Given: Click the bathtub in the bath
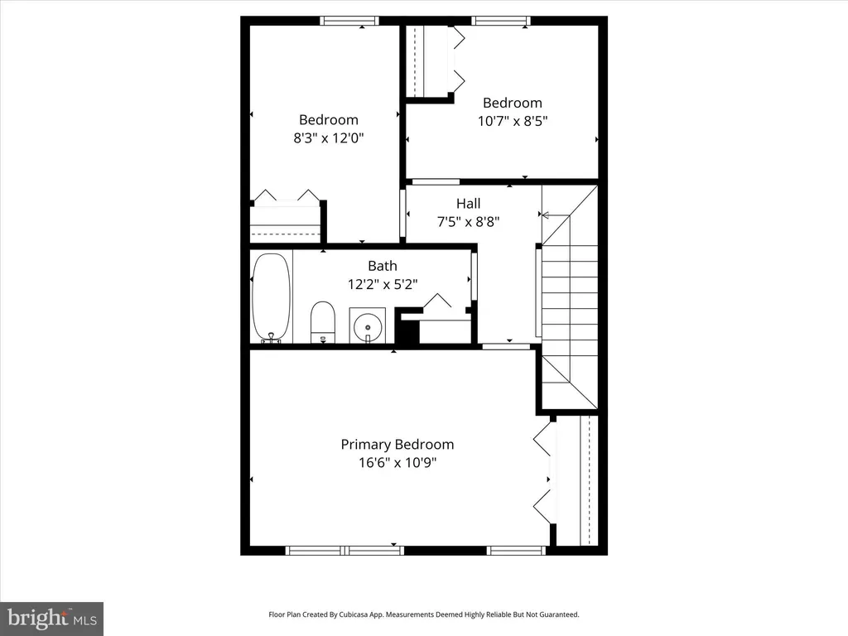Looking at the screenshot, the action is coord(272,297).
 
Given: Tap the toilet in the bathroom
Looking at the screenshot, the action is coord(323,322).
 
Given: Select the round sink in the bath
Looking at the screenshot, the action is coord(367,325).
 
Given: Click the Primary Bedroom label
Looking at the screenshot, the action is coord(397,445).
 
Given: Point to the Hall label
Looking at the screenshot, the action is coord(469,204).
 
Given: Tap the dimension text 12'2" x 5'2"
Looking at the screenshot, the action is coord(383,284).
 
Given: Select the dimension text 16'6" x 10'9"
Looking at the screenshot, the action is coord(397,462).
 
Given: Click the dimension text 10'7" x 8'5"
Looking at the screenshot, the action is coord(513,121).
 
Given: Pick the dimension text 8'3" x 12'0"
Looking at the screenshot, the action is coord(329,137).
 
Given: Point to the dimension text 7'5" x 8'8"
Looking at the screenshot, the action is coord(469,221).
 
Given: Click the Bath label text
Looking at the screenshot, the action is coord(383,266).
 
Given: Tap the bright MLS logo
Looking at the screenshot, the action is coord(51,619).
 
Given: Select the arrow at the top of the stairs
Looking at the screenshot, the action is coord(556,216).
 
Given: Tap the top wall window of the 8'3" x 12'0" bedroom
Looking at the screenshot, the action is coord(349,21).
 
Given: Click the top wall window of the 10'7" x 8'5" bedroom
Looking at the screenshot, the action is coord(501,21).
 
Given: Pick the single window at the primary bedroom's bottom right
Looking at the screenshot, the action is coord(517,551).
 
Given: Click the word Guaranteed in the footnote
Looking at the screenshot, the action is coord(559,614).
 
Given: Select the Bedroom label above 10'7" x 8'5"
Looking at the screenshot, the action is coord(513,103).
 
